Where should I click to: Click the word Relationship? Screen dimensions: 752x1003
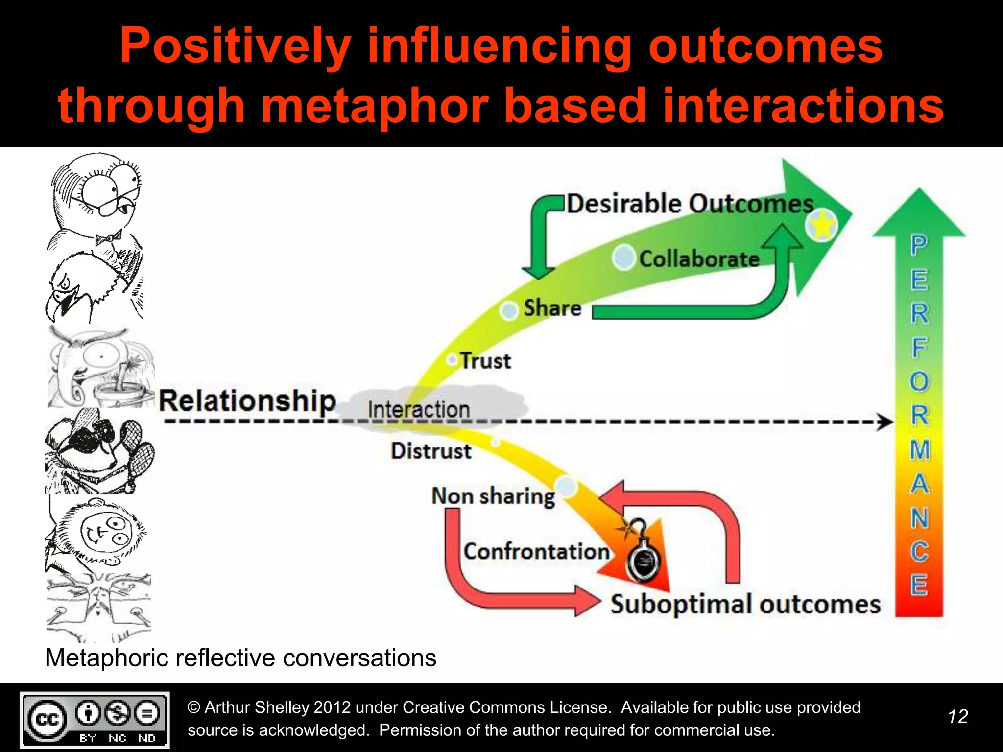[x=247, y=401]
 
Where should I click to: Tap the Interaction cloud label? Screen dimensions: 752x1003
[x=419, y=409]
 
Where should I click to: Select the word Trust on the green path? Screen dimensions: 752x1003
[x=485, y=361]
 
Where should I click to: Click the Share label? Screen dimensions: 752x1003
[x=552, y=308]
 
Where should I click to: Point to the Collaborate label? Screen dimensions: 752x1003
[x=699, y=258]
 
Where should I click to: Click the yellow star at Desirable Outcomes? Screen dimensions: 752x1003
[x=822, y=225]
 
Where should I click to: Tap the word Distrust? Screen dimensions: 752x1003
[x=431, y=451]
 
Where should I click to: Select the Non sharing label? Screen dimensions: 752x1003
[x=493, y=496]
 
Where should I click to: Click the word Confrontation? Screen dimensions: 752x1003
[x=536, y=551]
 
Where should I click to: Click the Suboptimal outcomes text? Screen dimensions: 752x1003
[x=745, y=604]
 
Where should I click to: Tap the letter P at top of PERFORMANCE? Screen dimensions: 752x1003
[x=919, y=245]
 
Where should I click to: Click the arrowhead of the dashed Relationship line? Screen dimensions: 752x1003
[x=884, y=422]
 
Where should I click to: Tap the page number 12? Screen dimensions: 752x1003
[x=957, y=717]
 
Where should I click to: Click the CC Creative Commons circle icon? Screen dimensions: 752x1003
[x=47, y=719]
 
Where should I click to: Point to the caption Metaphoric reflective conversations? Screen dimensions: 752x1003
[x=240, y=658]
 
